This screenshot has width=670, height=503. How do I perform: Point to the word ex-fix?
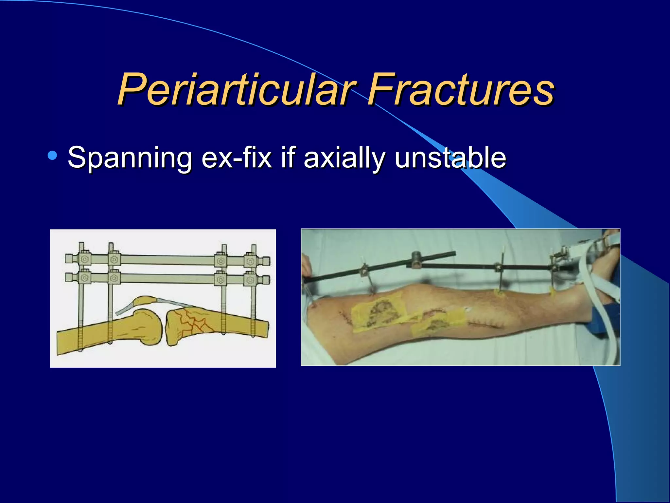(x=237, y=158)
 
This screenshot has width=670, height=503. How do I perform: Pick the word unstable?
(x=450, y=158)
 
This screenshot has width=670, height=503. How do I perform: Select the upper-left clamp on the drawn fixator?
(x=84, y=259)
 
